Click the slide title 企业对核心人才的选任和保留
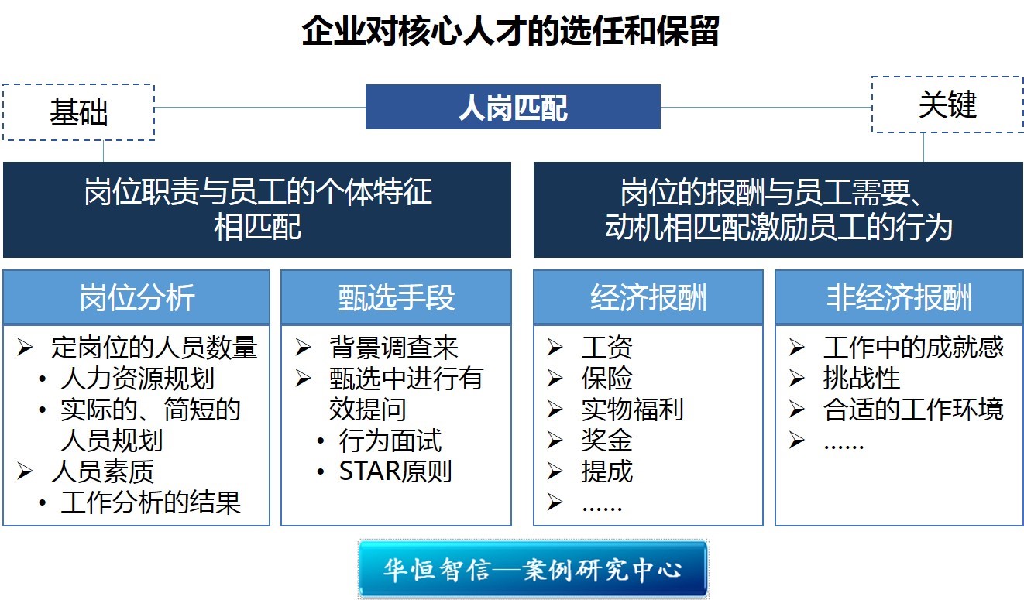510,31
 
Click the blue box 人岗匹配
513,107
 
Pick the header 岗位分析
136,297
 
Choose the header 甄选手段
396,297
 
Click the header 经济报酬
648,297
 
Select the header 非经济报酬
899,297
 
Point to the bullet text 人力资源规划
138,378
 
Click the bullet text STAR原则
396,471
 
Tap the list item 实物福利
633,409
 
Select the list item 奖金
607,440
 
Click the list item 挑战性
861,378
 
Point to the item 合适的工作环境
913,409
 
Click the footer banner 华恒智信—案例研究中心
533,569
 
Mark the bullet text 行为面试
390,440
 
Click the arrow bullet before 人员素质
25,471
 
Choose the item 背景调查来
393,347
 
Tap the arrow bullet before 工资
555,348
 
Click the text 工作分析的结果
151,502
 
